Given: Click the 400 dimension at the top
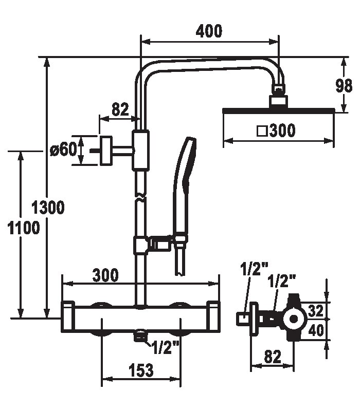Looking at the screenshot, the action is [x=209, y=31].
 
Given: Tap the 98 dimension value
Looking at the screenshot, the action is [x=344, y=86].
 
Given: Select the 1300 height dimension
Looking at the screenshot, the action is [x=48, y=208].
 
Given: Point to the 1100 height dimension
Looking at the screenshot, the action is [x=24, y=228].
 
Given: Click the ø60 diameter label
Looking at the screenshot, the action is [x=63, y=150].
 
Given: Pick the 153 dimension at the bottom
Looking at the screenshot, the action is [x=141, y=370].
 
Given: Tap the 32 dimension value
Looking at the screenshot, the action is [x=316, y=311].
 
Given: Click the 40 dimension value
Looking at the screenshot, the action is [x=316, y=330].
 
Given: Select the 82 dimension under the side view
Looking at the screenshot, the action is [x=273, y=357].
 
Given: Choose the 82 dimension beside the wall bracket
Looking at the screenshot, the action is [x=120, y=109].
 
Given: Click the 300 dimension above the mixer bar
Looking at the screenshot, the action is [x=105, y=275].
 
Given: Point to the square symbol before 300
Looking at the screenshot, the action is [x=262, y=131].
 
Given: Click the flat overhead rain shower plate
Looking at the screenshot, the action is [x=279, y=110].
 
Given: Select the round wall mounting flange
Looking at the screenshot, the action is [x=106, y=151].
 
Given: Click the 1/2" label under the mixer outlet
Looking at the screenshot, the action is [x=165, y=348].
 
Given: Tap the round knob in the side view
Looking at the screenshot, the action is [x=295, y=319].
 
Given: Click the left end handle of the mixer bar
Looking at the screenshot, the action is [x=68, y=317].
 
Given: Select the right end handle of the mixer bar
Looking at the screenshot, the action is [x=213, y=317].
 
